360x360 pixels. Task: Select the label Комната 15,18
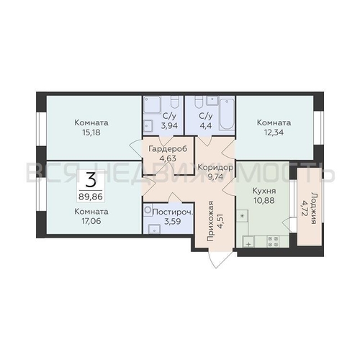[x=91, y=127]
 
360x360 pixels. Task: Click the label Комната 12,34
[x=274, y=127]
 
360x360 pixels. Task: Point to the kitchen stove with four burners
[x=272, y=243]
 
